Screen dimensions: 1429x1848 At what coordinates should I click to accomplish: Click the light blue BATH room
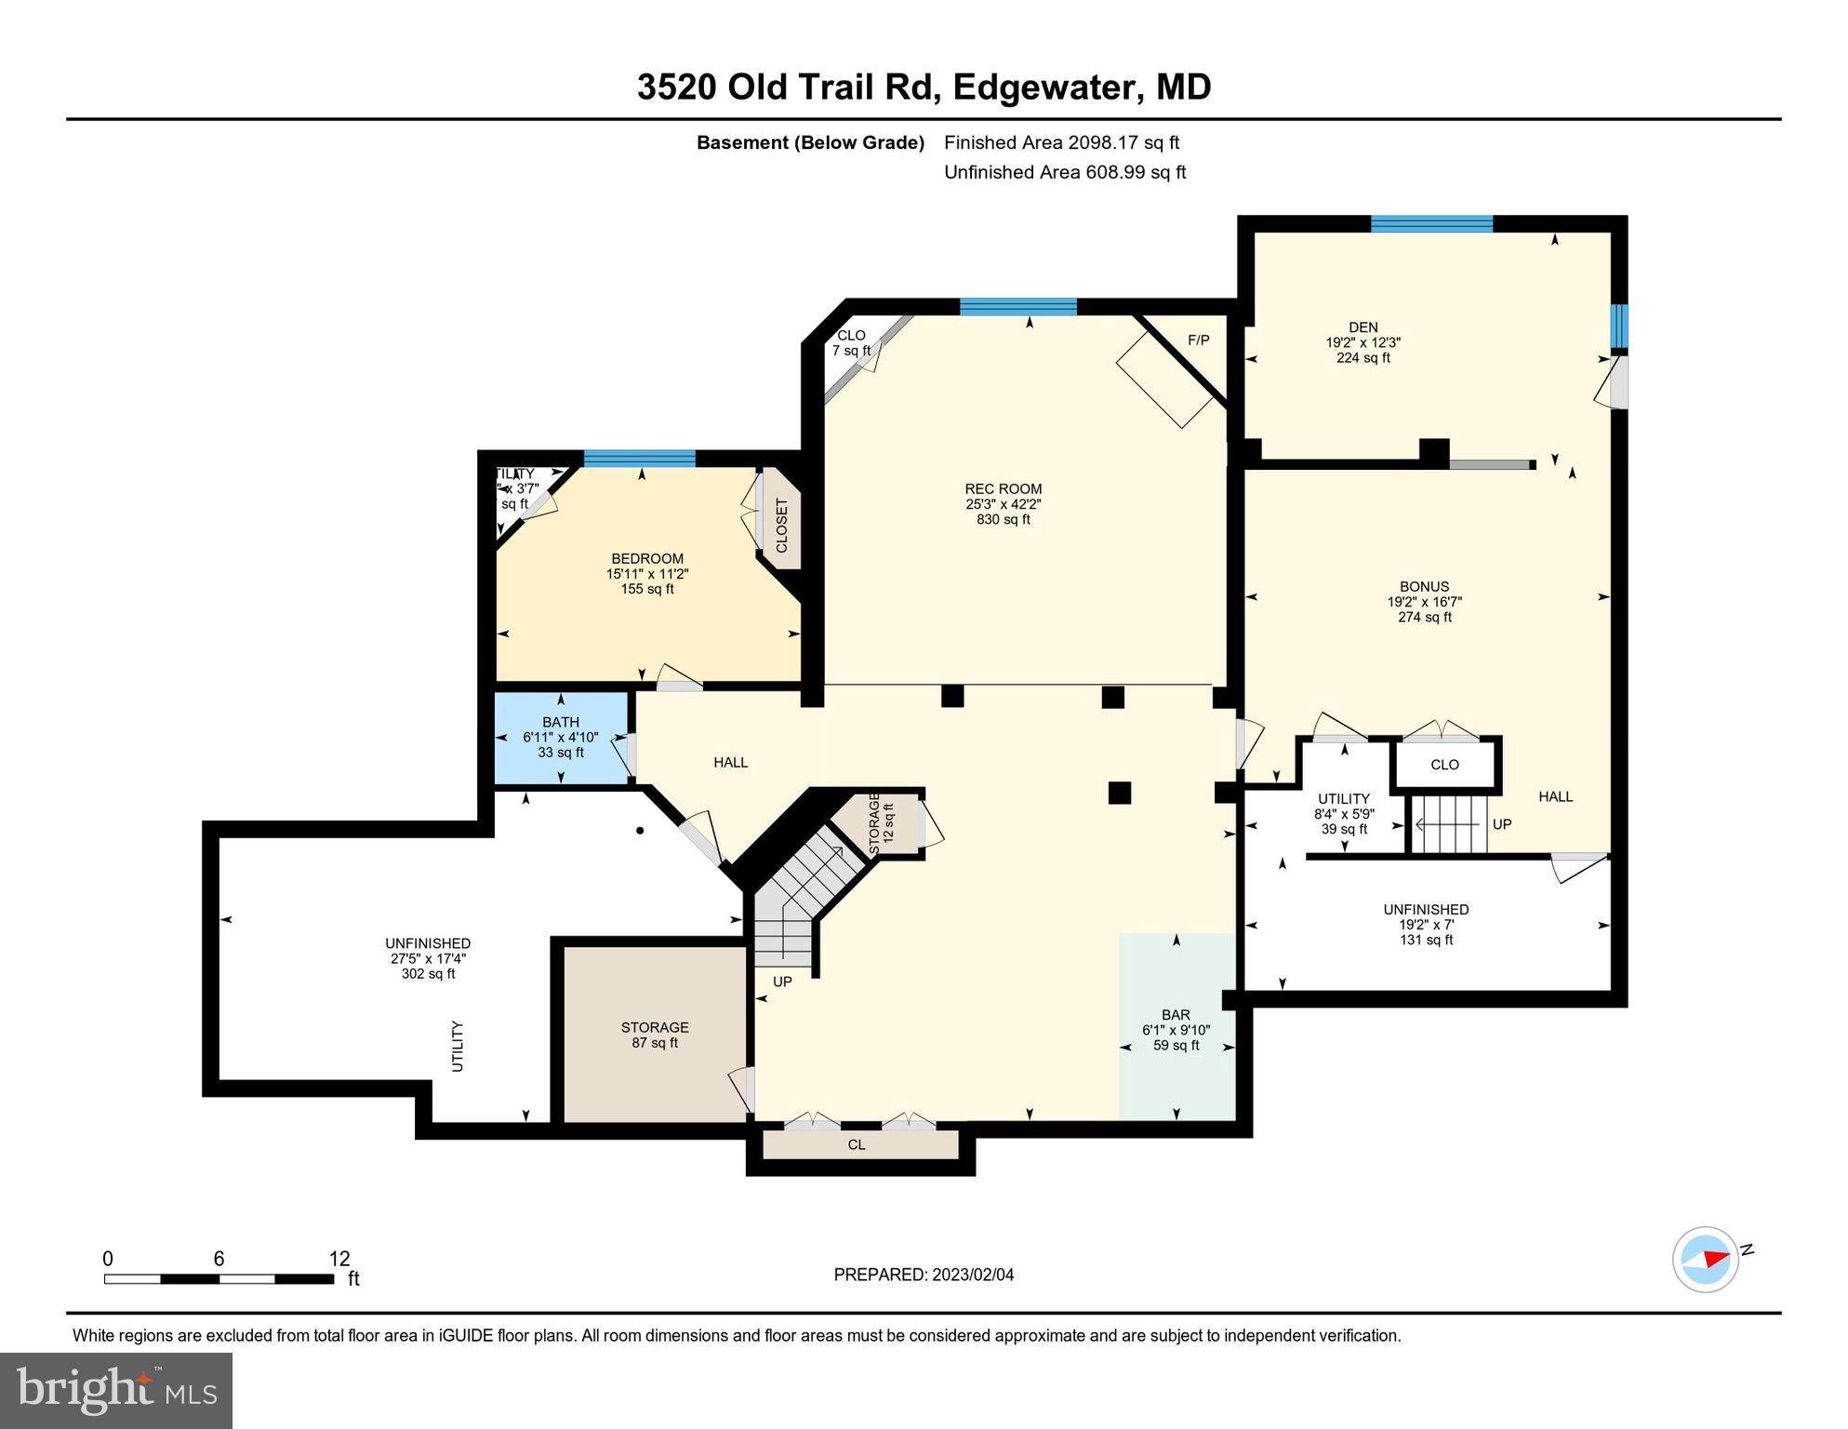561,738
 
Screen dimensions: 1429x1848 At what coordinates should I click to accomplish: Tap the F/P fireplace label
1198,341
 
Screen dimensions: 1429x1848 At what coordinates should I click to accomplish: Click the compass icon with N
1706,1259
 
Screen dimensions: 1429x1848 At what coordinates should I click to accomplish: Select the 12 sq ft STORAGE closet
878,823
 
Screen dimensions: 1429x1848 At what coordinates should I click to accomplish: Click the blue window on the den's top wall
1431,223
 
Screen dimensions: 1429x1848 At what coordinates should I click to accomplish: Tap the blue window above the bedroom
639,458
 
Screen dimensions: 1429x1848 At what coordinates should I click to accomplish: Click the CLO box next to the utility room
1444,765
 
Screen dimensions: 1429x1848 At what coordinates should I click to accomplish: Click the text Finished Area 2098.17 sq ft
1061,142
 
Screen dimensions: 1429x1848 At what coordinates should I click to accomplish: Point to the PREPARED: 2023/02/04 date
924,1275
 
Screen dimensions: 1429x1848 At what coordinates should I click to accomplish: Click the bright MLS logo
116,1390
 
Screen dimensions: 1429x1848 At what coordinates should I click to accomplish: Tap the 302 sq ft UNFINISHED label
428,958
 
